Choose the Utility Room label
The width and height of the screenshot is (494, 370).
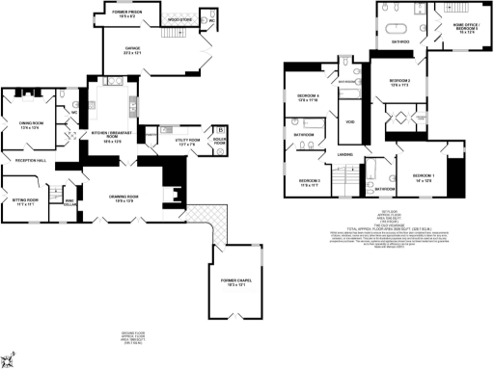[188, 144]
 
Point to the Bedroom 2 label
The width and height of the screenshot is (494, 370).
[399, 82]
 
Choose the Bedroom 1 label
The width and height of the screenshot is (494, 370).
[424, 177]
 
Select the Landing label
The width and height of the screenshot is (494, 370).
[344, 154]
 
